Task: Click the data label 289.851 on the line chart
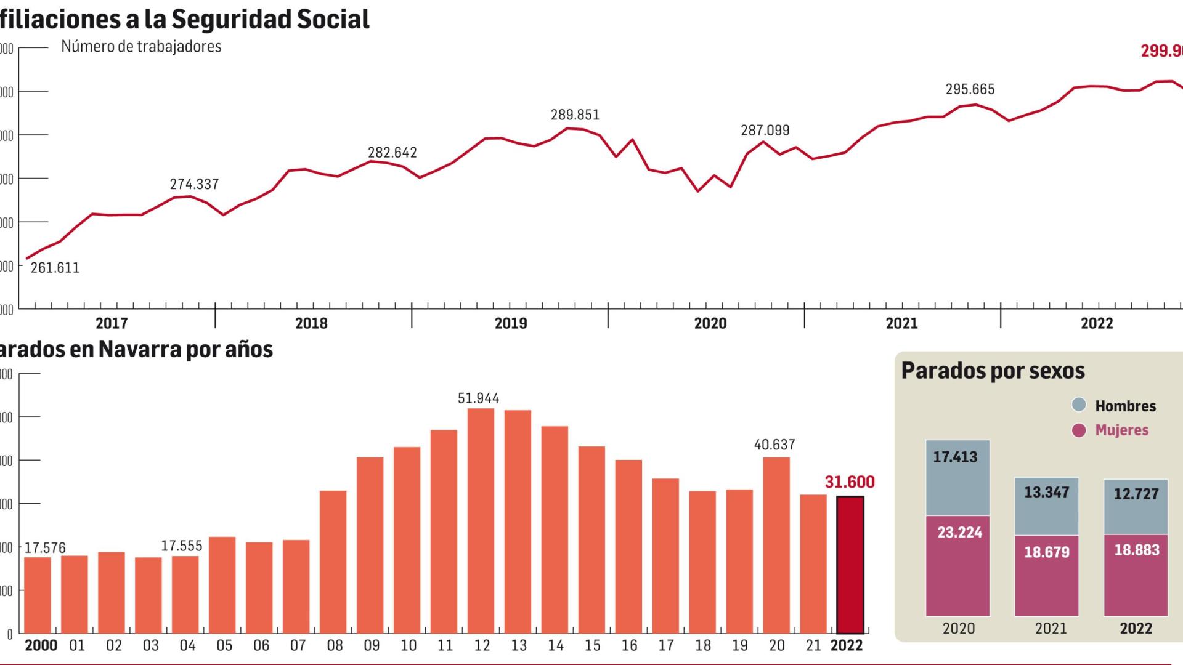[x=574, y=115]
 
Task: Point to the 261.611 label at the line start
[x=55, y=268]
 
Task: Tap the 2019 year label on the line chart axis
[x=511, y=323]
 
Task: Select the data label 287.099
[x=765, y=131]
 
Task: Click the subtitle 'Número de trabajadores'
[x=141, y=47]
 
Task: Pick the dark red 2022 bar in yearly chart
[x=850, y=565]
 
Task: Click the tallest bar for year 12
[x=481, y=521]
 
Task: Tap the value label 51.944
[x=478, y=398]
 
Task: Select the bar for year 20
[x=776, y=545]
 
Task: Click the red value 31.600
[x=850, y=482]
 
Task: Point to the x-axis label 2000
[x=41, y=646]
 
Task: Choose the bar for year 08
[x=333, y=562]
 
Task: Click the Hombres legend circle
[x=1078, y=405]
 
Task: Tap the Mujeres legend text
[x=1121, y=430]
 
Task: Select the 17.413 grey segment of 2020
[x=957, y=477]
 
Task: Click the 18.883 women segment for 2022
[x=1136, y=575]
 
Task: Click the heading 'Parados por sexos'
[x=993, y=371]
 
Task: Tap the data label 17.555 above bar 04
[x=181, y=546]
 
